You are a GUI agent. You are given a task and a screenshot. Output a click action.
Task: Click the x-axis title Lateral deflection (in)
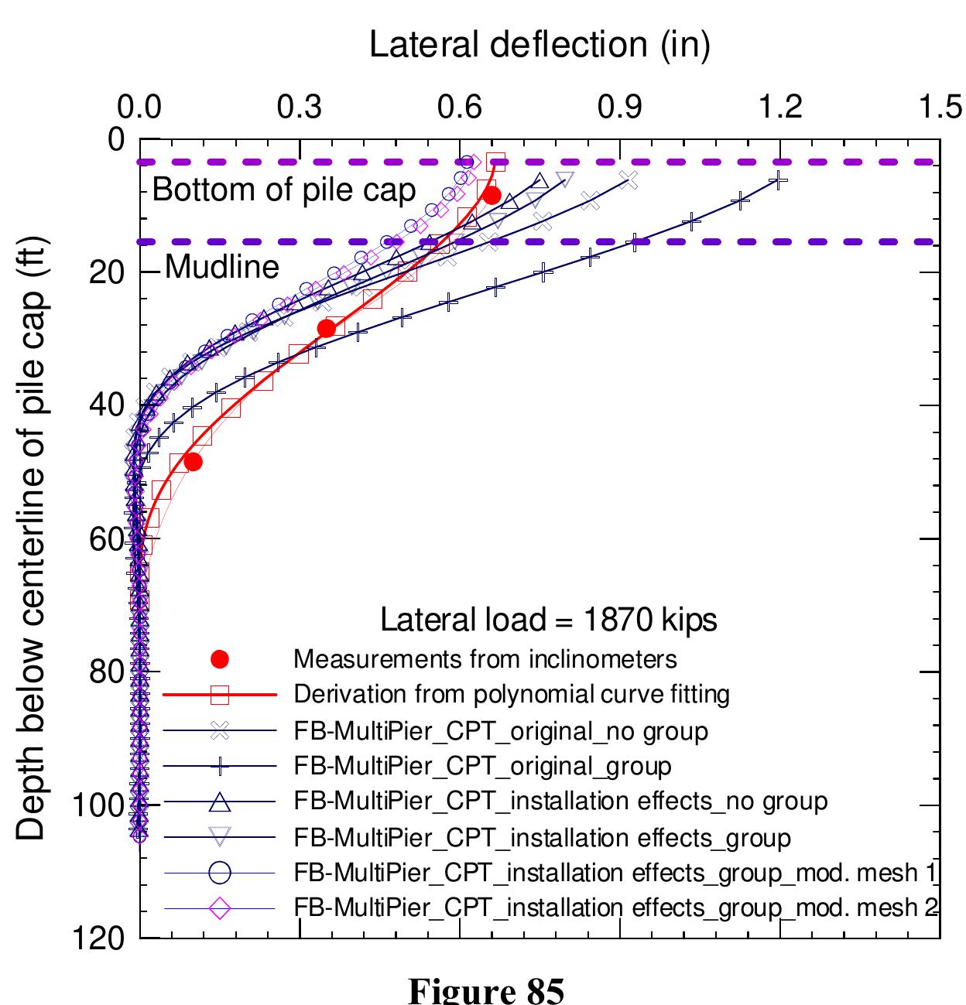540,44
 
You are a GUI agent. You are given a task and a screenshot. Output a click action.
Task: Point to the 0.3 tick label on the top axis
300,107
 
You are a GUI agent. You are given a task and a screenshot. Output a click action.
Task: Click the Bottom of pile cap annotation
283,190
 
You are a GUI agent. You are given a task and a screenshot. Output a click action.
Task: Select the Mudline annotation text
222,267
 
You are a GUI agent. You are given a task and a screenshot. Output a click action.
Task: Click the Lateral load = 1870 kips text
548,620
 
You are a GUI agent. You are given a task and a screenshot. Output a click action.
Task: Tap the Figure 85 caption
485,990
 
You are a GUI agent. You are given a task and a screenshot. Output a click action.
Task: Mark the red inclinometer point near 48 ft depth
194,462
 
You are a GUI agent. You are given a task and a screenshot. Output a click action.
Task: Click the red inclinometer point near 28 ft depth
327,328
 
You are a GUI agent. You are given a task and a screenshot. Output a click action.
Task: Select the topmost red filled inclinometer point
492,195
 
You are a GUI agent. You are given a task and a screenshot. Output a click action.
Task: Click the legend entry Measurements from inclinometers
485,659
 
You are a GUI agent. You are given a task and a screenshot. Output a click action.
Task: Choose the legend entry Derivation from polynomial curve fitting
512,694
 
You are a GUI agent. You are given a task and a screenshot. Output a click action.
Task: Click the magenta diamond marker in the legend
220,908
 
